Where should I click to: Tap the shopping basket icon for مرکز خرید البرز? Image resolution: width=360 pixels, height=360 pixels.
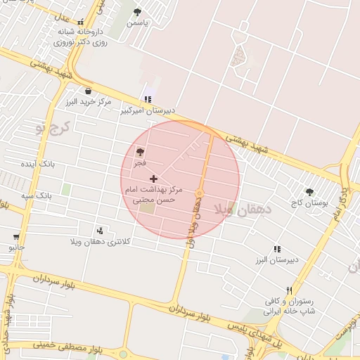click(x=88, y=91)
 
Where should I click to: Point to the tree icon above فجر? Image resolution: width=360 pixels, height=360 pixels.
click(x=140, y=152)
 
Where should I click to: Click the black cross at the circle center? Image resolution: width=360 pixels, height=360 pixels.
click(x=154, y=179)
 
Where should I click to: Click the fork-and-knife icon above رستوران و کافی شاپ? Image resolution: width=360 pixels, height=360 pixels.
click(x=288, y=290)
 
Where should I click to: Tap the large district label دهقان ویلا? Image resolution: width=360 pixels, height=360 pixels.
click(x=240, y=209)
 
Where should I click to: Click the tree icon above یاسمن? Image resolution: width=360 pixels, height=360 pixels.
click(x=136, y=13)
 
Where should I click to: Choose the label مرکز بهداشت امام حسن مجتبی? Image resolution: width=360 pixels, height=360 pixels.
click(x=153, y=195)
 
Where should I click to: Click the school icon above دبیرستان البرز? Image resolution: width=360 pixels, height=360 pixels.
click(x=277, y=249)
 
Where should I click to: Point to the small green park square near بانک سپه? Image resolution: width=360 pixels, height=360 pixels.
click(x=66, y=189)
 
